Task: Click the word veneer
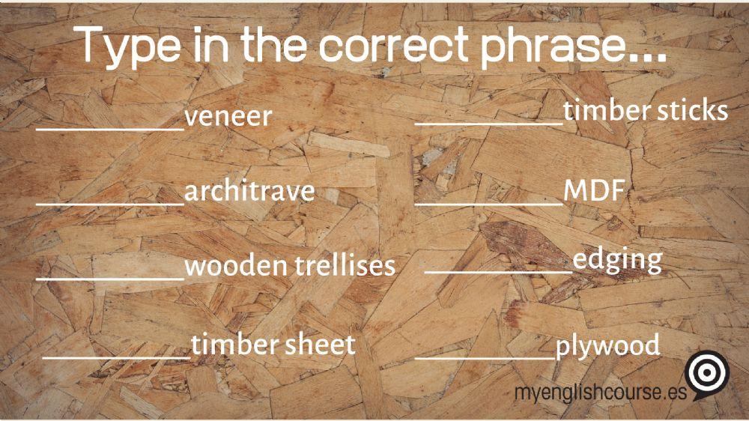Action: [228, 118]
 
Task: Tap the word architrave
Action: [249, 191]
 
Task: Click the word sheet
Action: [320, 345]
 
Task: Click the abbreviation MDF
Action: [594, 191]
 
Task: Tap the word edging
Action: [617, 261]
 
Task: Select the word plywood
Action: [607, 345]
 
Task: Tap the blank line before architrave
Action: [110, 202]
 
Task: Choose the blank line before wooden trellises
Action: [110, 277]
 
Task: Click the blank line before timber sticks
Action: [489, 122]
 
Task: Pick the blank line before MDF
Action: [488, 202]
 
